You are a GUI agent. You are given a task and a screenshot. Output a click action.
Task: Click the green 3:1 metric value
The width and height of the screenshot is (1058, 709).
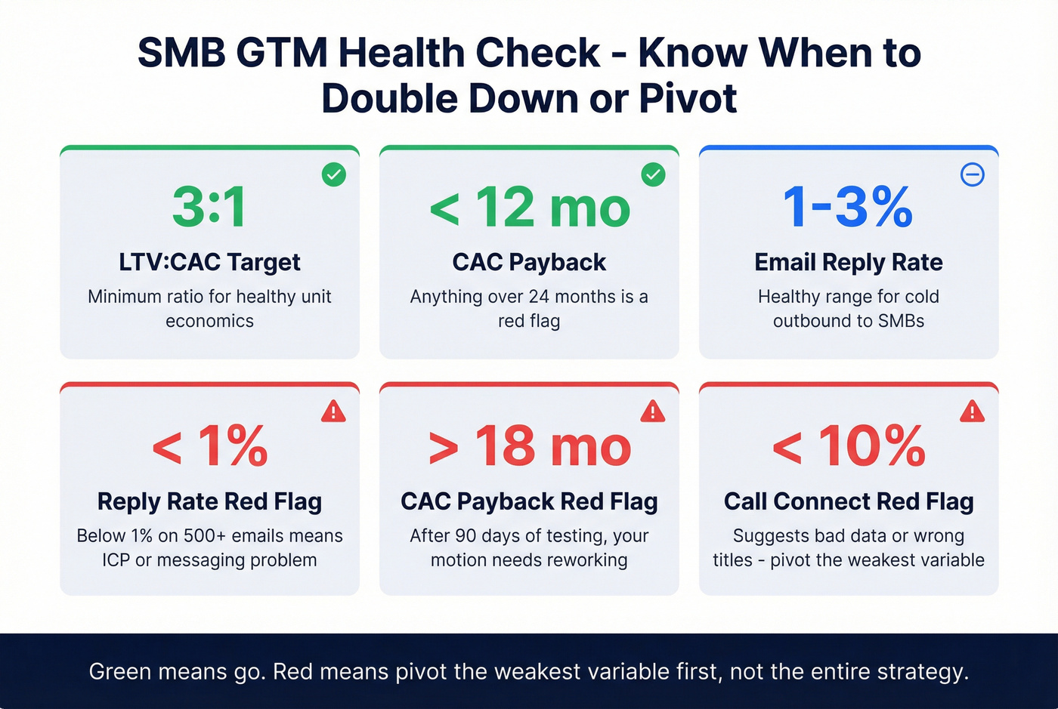(209, 207)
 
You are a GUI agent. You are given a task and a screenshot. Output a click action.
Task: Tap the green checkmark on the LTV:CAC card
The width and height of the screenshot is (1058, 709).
(334, 174)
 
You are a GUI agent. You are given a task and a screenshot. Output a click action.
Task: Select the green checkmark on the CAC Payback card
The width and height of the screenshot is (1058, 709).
(653, 174)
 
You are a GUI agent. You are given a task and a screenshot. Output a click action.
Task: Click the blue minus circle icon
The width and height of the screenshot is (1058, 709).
(972, 174)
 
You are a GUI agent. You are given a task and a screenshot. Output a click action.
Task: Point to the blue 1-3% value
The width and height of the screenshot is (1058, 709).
(848, 207)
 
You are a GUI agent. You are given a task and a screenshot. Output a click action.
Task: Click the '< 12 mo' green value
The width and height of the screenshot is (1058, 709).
(529, 208)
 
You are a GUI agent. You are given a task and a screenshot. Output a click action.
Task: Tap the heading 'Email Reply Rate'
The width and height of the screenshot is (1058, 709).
(848, 262)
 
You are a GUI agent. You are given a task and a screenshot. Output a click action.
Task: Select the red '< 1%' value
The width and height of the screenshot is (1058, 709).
(209, 446)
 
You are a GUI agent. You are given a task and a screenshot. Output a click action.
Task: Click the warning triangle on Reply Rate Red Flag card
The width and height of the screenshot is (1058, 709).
(333, 412)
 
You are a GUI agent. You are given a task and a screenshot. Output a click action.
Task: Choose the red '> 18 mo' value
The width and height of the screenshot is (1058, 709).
(529, 446)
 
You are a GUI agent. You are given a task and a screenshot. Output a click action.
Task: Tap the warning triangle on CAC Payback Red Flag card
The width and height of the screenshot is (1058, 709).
(652, 412)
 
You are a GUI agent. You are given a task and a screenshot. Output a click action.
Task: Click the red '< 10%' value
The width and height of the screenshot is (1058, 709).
(848, 446)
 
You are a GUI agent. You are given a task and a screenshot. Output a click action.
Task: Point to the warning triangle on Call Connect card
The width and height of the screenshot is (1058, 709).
(972, 412)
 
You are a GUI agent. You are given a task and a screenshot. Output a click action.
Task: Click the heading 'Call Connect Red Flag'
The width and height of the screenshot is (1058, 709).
(848, 501)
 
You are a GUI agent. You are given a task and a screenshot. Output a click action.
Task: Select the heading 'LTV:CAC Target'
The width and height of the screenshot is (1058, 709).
(209, 262)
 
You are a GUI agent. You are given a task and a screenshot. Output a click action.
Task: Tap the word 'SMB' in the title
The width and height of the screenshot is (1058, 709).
(179, 54)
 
